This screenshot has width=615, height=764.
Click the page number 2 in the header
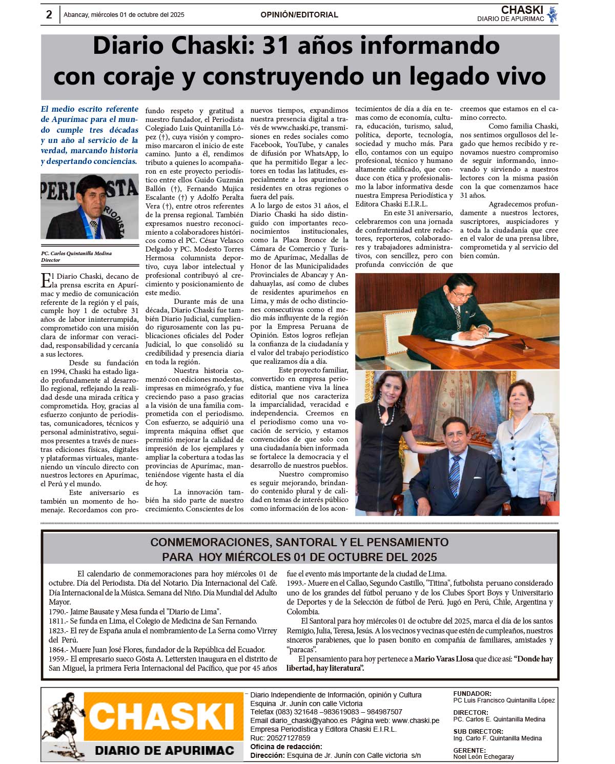tap(49, 14)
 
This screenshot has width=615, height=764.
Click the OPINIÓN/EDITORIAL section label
tap(299, 15)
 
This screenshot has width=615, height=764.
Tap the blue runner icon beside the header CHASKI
tap(552, 14)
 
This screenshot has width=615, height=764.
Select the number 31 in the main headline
tap(276, 46)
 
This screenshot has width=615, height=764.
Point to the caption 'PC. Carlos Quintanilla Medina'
tap(76, 253)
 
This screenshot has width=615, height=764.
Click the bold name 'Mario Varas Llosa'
tap(443, 659)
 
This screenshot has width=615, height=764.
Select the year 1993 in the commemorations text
tap(295, 583)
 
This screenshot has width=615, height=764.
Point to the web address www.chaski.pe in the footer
tap(416, 720)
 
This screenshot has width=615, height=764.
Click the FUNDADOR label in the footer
tap(472, 694)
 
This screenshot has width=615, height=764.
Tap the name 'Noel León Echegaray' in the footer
tap(483, 756)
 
